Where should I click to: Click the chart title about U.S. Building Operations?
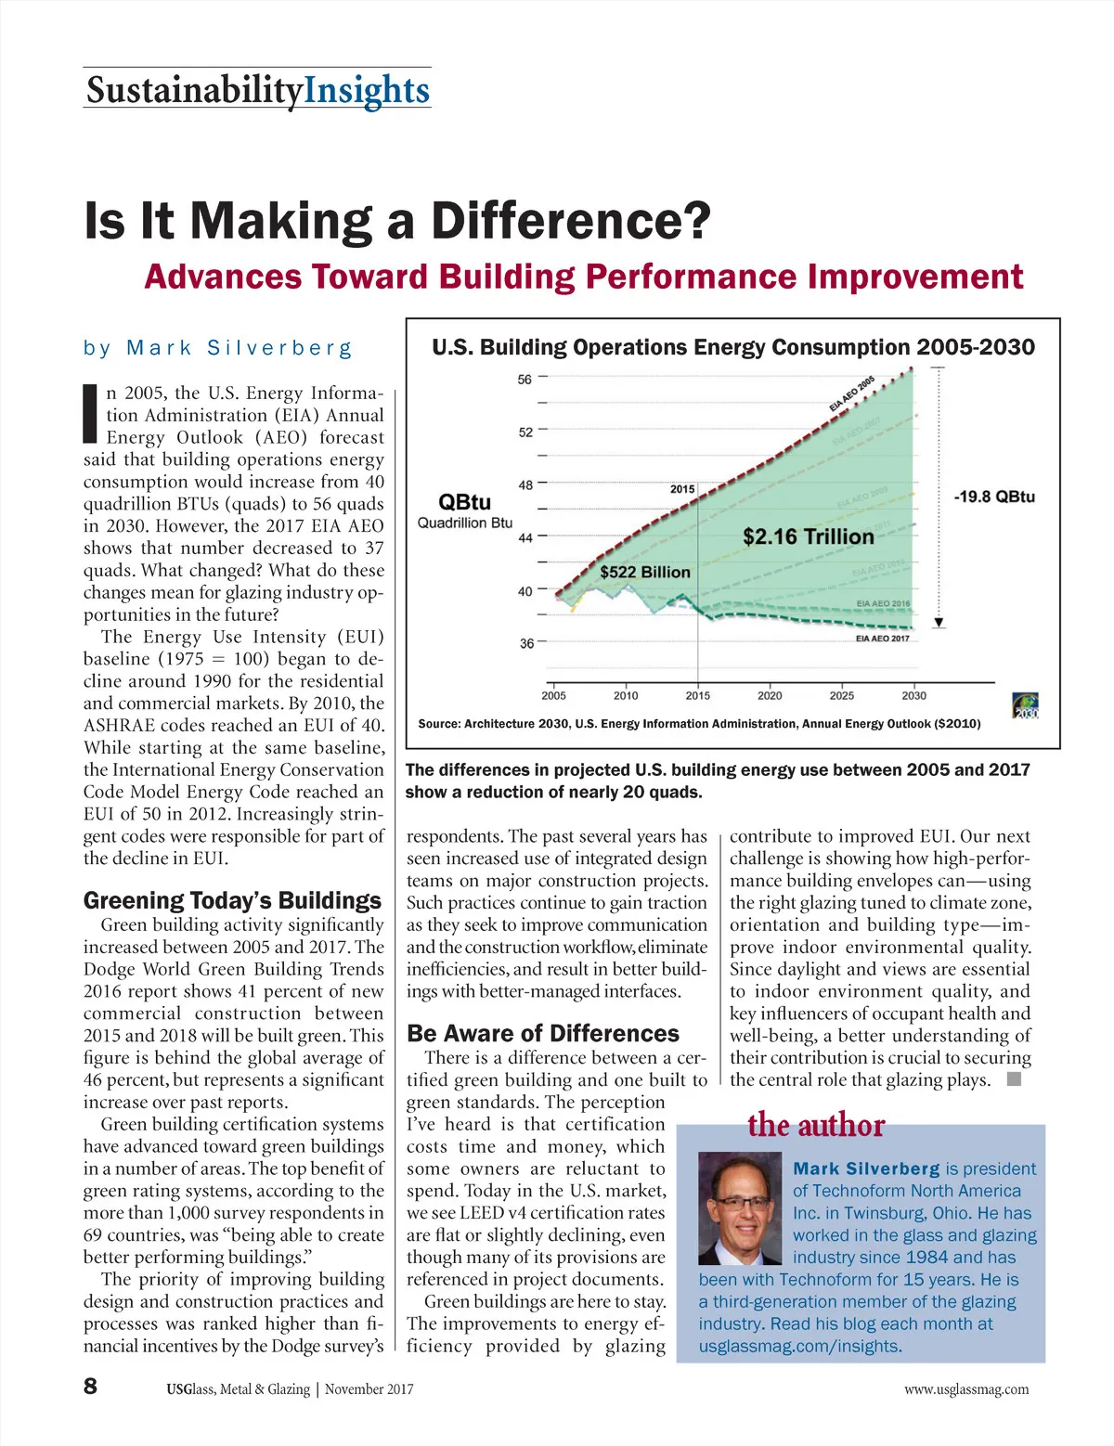[732, 347]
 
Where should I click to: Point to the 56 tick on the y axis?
[525, 379]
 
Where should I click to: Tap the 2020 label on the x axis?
[770, 695]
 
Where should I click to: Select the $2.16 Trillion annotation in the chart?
[808, 536]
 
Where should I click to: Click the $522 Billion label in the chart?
[644, 572]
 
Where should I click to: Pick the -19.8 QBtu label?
[993, 497]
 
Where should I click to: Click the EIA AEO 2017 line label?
[882, 639]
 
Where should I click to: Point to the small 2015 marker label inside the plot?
[682, 489]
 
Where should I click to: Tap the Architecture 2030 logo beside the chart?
[1025, 705]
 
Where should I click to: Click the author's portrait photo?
[739, 1207]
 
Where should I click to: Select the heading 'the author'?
[816, 1125]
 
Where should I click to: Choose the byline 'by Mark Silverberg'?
[218, 348]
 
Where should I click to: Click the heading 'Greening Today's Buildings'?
[232, 900]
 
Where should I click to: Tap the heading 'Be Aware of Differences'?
[543, 1034]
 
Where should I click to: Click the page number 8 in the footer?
[90, 1387]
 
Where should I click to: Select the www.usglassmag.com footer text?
[966, 1389]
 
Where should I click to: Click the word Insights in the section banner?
[367, 90]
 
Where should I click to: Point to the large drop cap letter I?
[91, 413]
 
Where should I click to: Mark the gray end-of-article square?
[1014, 1079]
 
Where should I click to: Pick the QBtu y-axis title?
[464, 502]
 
